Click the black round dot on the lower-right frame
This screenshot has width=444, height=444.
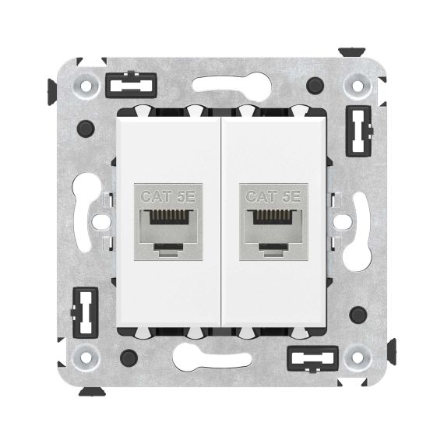pyautogui.click(x=358, y=314)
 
